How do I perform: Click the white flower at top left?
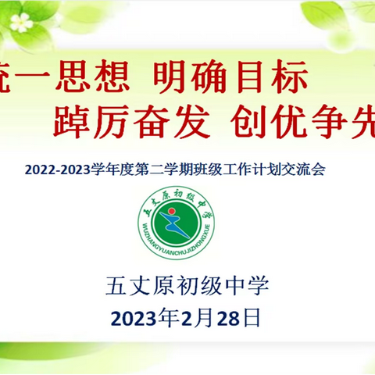[22, 22]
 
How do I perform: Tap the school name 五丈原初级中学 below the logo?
[187, 286]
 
